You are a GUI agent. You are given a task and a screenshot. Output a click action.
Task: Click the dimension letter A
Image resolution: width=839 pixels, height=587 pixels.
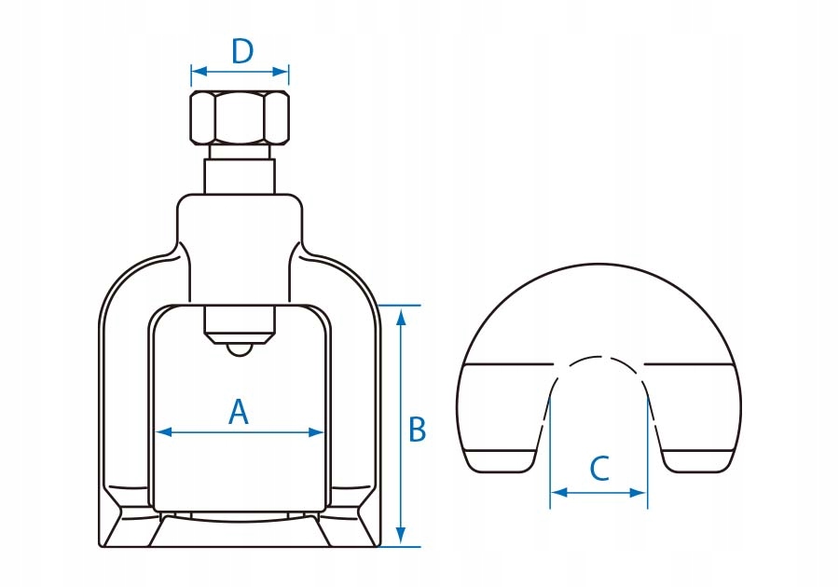239,412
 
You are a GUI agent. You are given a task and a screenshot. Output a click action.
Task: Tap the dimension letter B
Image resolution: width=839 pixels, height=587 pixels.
418,430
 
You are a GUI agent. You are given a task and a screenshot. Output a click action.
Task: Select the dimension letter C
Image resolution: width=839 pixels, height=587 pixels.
599,468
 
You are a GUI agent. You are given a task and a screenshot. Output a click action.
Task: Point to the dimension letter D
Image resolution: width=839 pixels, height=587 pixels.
241,51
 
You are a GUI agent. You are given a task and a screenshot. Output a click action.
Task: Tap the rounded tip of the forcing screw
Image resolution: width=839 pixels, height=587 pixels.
240,348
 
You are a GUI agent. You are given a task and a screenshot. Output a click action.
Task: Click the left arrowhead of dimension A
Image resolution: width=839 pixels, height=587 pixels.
161,431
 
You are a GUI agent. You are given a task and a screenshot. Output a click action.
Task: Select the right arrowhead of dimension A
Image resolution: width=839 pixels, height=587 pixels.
318,431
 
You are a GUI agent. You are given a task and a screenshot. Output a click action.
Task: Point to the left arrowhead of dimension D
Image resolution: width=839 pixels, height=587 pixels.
196,72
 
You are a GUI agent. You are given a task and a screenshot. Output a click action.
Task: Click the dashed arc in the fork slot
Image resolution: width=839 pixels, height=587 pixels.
598,360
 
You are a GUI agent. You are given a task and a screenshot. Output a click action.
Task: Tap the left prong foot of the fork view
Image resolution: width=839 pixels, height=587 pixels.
503,459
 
